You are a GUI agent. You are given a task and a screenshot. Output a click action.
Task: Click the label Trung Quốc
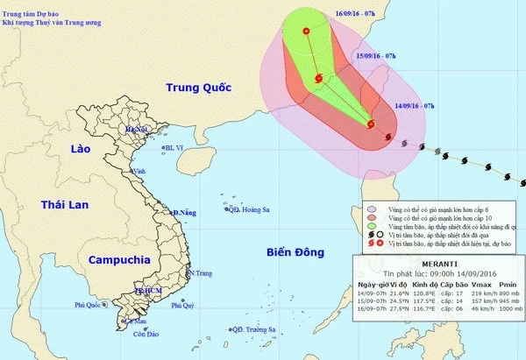(x=197, y=88)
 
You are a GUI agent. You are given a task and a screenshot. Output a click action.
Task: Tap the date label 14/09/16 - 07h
(x=417, y=104)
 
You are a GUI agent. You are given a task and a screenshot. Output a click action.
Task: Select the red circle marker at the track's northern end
(x=306, y=32)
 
